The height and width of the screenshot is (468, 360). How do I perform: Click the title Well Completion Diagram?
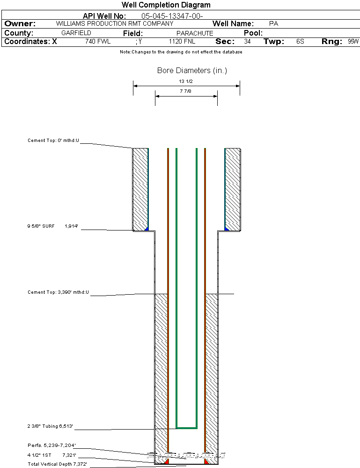coord(166,5)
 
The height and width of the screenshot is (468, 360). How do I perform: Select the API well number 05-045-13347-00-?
coord(172,16)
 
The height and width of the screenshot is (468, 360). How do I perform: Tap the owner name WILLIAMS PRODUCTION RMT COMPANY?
coord(114,23)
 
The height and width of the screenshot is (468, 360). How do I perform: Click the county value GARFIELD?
coord(76,33)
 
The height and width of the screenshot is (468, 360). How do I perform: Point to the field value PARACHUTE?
coord(195,33)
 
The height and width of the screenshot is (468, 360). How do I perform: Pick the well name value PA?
coord(274,23)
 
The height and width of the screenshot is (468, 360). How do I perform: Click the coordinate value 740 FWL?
coord(98,42)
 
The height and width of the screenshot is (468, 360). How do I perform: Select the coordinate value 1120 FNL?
coord(182,42)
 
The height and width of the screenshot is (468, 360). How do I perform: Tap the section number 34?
coord(247,42)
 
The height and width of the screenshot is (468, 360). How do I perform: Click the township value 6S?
coord(300,42)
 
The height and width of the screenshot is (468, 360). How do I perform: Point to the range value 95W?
coord(353,42)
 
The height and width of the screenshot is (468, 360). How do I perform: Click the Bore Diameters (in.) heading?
coord(192,71)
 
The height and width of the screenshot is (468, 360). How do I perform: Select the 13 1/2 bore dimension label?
coord(186,82)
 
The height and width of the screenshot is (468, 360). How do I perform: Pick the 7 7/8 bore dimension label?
coord(186,91)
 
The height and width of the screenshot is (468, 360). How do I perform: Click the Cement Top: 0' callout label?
coord(53,140)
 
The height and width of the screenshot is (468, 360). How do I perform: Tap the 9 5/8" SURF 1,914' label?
coord(52,226)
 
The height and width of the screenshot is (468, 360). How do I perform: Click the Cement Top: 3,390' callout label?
coord(58,292)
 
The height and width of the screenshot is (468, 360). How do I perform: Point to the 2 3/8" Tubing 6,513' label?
coord(50,426)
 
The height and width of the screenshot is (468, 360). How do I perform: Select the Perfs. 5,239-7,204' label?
coord(51,445)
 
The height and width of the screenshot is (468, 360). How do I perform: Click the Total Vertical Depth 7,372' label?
coord(57,464)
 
